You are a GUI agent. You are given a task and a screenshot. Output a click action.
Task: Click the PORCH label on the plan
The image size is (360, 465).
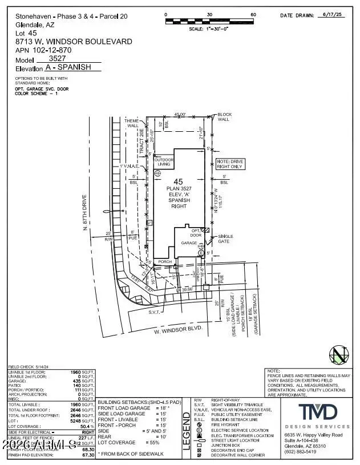165,262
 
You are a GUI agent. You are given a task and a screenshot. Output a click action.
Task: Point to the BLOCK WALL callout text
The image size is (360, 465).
225,117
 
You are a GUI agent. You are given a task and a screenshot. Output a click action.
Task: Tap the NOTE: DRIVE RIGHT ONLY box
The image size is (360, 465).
229,163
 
